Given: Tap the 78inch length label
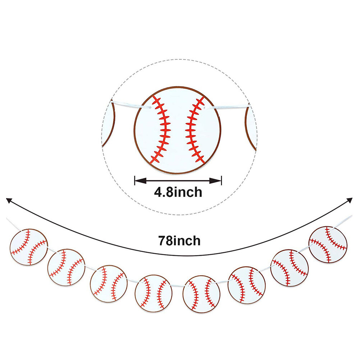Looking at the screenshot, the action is tap(179, 241).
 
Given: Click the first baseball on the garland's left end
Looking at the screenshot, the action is tap(29, 247).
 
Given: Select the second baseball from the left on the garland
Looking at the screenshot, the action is tap(66, 267).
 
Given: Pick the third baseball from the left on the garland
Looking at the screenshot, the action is tap(109, 283).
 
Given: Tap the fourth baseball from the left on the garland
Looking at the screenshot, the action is tap(154, 294).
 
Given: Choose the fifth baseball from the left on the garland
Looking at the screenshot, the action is tap(201, 294).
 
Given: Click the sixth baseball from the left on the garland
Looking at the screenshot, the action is tap(246, 285).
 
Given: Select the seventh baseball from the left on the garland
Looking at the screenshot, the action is tap(290, 268).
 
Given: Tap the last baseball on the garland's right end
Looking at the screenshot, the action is tap(328, 245).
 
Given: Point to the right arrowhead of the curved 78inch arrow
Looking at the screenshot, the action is tap(350, 200).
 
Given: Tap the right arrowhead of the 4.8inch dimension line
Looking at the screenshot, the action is tap(215, 181).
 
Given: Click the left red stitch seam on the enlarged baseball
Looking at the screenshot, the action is tap(162, 130).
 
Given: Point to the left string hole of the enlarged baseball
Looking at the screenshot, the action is tap(149, 107).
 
